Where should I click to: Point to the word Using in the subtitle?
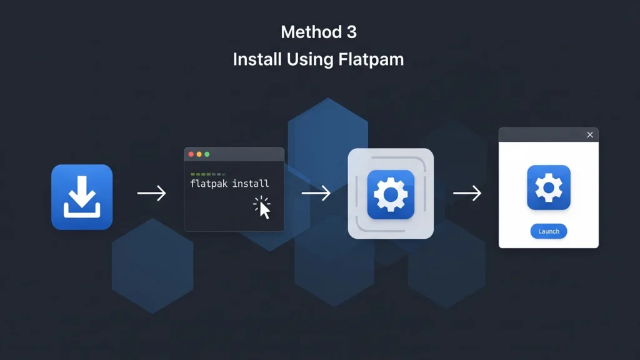point(310,60)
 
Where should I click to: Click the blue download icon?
point(82,197)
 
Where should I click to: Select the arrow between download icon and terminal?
point(152,193)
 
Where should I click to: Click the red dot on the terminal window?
point(191,154)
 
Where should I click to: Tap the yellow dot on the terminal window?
point(199,154)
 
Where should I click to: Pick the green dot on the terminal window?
point(207,154)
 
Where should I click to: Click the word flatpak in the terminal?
point(209,184)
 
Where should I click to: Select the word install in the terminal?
point(251,184)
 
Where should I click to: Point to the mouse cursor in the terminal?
point(264,209)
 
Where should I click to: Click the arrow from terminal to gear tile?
point(316,193)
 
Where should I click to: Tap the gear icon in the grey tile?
point(391,194)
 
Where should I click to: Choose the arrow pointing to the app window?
point(467,193)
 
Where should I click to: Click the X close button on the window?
point(590,135)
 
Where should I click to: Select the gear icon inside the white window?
point(549,187)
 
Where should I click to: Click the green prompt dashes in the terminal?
point(207,174)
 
